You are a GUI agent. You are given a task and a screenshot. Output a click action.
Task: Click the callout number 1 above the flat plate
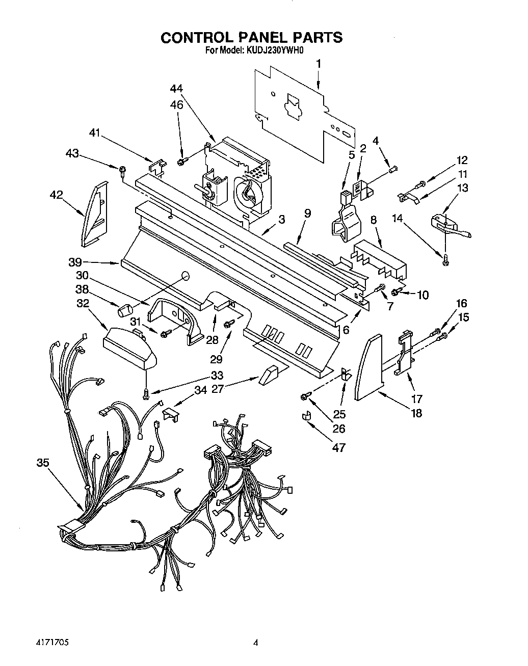pyautogui.click(x=319, y=64)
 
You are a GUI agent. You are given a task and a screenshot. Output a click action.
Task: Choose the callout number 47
pyautogui.click(x=338, y=447)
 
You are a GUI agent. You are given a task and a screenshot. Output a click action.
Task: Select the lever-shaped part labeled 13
pyautogui.click(x=448, y=226)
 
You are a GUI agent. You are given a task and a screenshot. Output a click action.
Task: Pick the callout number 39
pyautogui.click(x=75, y=262)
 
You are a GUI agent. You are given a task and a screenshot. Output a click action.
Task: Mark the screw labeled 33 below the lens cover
pyautogui.click(x=147, y=393)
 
